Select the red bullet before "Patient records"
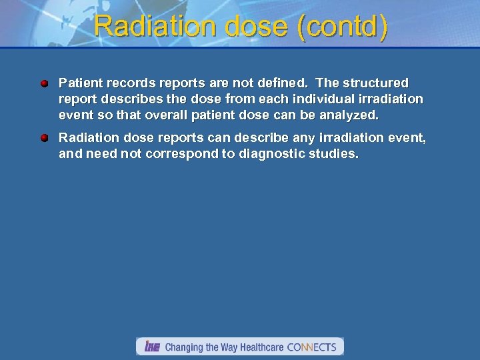(x=44, y=84)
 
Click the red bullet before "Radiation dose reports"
(x=44, y=138)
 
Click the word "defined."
(x=280, y=83)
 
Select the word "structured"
(x=375, y=83)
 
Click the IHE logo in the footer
(x=152, y=347)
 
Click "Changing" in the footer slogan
(x=185, y=347)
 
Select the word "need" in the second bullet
(x=98, y=154)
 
